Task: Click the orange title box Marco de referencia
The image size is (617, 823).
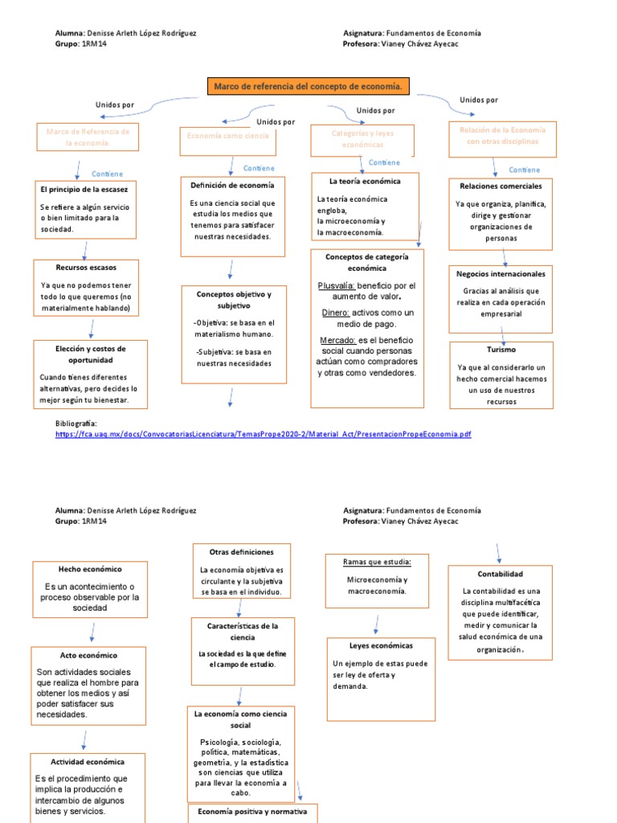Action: (308, 86)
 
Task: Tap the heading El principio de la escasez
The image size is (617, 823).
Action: (84, 189)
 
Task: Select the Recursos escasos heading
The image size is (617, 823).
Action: (86, 266)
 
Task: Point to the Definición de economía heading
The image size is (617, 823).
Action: (232, 185)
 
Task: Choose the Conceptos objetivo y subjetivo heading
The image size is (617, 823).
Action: (234, 300)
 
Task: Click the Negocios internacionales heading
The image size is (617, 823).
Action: (501, 273)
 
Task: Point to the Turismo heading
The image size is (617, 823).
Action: (501, 350)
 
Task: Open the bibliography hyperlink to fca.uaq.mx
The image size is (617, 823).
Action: (263, 434)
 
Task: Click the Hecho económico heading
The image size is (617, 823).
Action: (88, 567)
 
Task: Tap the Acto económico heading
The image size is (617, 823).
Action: (88, 655)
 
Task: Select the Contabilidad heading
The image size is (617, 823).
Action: (500, 574)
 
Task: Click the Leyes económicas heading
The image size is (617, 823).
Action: (381, 645)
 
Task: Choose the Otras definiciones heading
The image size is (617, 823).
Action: (241, 552)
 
